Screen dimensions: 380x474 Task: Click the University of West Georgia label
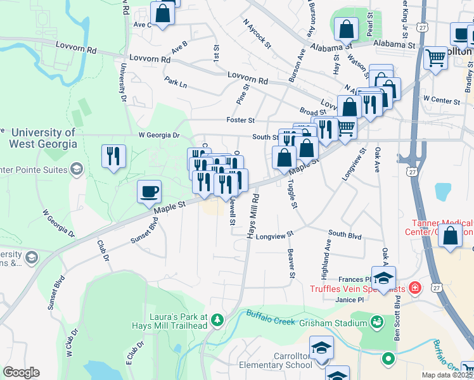[43, 138]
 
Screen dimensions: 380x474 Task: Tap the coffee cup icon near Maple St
[149, 191]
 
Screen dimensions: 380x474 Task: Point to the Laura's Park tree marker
[218, 320]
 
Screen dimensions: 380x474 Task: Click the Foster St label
[240, 120]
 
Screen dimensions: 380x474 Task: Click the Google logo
[21, 372]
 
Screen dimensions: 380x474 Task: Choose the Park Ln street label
[176, 83]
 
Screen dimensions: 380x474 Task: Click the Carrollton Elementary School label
[275, 360]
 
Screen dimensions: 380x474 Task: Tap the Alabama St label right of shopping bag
[394, 45]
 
